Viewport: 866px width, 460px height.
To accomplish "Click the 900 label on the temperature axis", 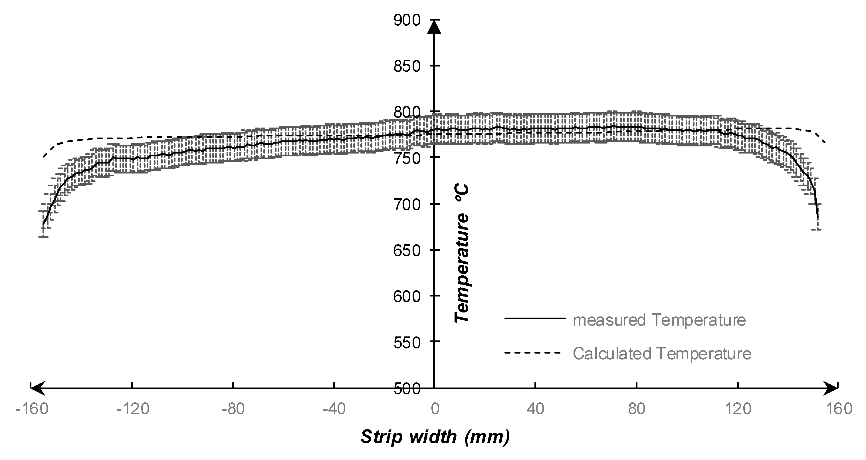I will tap(407, 21).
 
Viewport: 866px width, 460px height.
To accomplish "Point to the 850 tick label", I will tap(407, 66).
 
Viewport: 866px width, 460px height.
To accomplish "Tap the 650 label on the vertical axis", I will tap(407, 250).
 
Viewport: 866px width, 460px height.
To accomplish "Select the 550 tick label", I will tap(407, 343).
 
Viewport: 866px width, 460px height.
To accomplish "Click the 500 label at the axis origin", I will tap(407, 389).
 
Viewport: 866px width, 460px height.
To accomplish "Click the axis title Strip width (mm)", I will tap(435, 437).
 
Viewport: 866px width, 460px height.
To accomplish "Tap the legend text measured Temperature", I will tap(659, 320).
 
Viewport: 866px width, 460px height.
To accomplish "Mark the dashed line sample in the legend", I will tap(533, 353).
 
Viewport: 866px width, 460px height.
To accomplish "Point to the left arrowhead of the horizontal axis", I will tap(36, 388).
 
